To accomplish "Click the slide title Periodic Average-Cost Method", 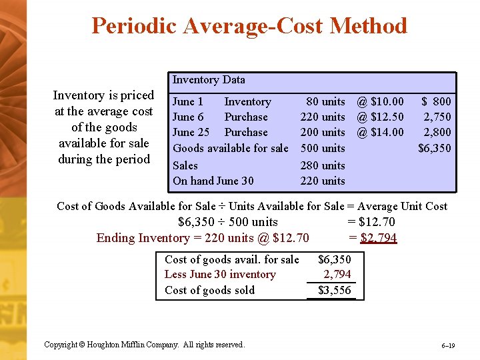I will click(249, 26).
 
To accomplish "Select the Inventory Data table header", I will click(209, 80).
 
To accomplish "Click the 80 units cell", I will click(325, 101).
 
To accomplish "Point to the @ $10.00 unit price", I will click(380, 101).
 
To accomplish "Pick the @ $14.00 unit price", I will click(380, 132).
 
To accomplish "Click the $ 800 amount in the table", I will click(436, 101).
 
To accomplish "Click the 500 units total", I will click(323, 148).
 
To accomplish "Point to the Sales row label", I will click(185, 165).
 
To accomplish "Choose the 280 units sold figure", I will click(323, 165).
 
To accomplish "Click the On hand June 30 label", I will click(213, 181).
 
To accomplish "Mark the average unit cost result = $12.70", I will click(371, 222).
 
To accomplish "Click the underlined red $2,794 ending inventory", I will click(378, 238).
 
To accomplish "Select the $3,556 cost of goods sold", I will click(335, 290).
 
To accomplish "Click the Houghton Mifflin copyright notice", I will click(144, 345).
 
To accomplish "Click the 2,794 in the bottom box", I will click(337, 274).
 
